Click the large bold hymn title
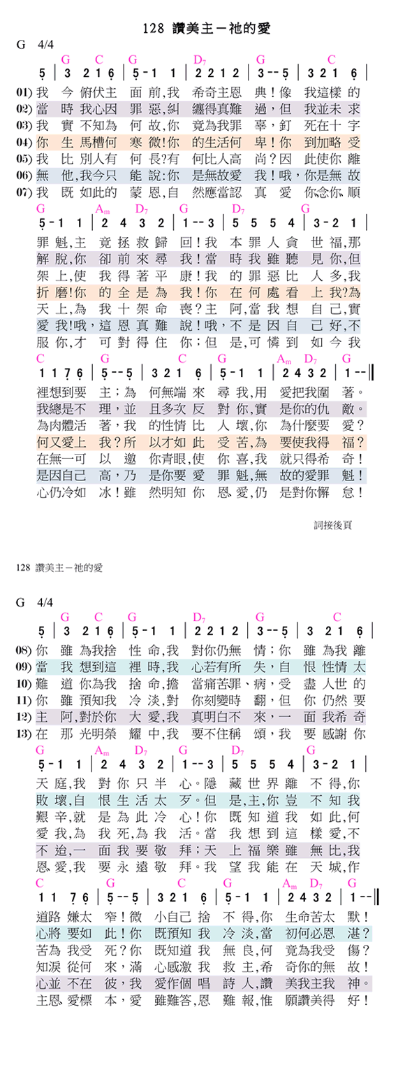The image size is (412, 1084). click(x=206, y=29)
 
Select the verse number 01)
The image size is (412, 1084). click(x=24, y=92)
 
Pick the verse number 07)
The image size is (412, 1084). click(x=24, y=191)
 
